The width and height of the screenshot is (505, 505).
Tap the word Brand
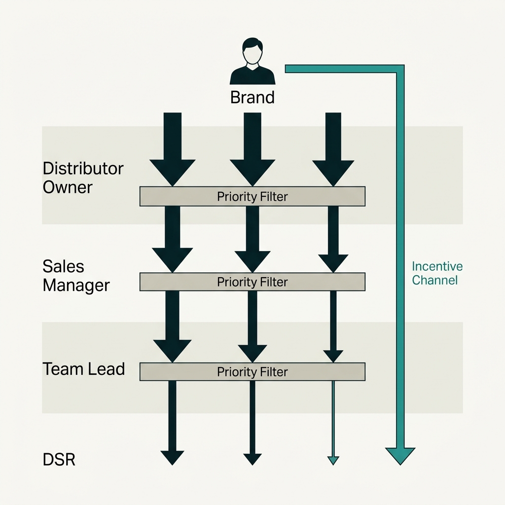coord(252,97)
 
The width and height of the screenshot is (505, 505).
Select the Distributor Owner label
coord(82,178)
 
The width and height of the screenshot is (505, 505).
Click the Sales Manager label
coord(75,276)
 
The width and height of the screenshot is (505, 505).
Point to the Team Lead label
coord(83,369)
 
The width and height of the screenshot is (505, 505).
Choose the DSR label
coord(59,460)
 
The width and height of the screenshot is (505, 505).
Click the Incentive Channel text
coord(437,273)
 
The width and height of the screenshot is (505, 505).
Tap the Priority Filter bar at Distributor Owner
coord(252,196)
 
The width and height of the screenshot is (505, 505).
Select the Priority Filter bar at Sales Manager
coord(252,282)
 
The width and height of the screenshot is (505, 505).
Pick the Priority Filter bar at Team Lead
coord(252,371)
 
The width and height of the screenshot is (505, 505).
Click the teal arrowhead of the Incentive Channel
coord(400,455)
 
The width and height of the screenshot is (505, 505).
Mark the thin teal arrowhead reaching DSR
coord(333,460)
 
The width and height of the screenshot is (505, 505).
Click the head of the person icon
coord(252,50)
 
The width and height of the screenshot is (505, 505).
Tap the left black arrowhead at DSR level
coord(172,457)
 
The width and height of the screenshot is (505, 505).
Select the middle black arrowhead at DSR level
coord(252,458)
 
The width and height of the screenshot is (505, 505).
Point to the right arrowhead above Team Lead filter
coord(333,355)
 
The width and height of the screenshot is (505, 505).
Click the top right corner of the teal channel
coord(400,69)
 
